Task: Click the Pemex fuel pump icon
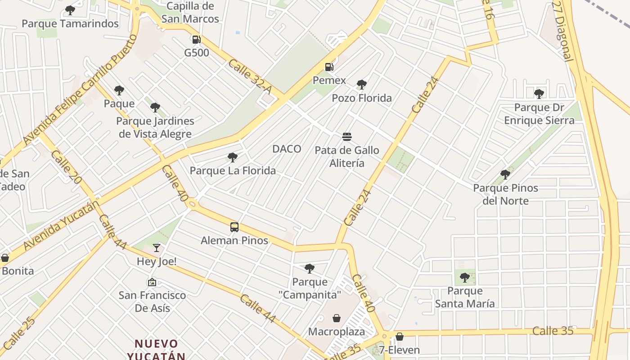(x=329, y=67)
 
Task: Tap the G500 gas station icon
(x=196, y=40)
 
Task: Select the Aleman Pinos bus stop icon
(x=234, y=227)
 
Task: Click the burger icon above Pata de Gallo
(x=346, y=136)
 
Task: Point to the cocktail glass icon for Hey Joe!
(x=156, y=247)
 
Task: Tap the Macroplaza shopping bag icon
(x=337, y=319)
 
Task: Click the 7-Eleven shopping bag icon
(x=399, y=337)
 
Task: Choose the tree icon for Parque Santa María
(x=465, y=277)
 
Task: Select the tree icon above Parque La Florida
(x=232, y=157)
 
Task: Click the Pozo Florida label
(x=362, y=98)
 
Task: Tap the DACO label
(x=287, y=149)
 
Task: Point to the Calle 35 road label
(x=553, y=331)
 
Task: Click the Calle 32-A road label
(x=249, y=77)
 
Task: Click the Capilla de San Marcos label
(x=190, y=13)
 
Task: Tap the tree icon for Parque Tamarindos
(x=70, y=10)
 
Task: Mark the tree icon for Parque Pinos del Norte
(x=505, y=174)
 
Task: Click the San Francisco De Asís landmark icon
(x=152, y=282)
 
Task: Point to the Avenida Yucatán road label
(x=61, y=226)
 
